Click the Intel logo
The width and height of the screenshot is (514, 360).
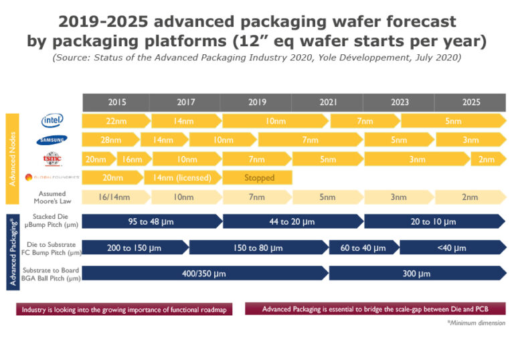tap(52, 120)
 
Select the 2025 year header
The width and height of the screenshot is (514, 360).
tap(470, 102)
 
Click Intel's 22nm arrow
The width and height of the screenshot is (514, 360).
tap(115, 121)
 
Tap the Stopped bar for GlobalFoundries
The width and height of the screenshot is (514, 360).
tap(259, 178)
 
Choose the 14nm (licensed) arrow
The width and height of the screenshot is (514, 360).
tap(183, 178)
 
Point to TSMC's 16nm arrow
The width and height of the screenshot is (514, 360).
tap(131, 159)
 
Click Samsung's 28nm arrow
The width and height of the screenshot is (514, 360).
tap(110, 140)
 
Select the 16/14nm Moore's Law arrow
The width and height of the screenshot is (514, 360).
tap(115, 197)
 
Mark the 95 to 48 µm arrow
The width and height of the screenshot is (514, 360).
tap(151, 221)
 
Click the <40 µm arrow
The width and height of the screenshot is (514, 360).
tap(452, 248)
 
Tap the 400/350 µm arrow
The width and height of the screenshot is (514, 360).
tap(204, 273)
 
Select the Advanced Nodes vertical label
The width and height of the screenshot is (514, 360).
tap(12, 159)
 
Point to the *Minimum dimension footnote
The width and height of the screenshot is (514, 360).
tap(476, 323)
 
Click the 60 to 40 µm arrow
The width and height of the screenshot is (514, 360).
tap(363, 248)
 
